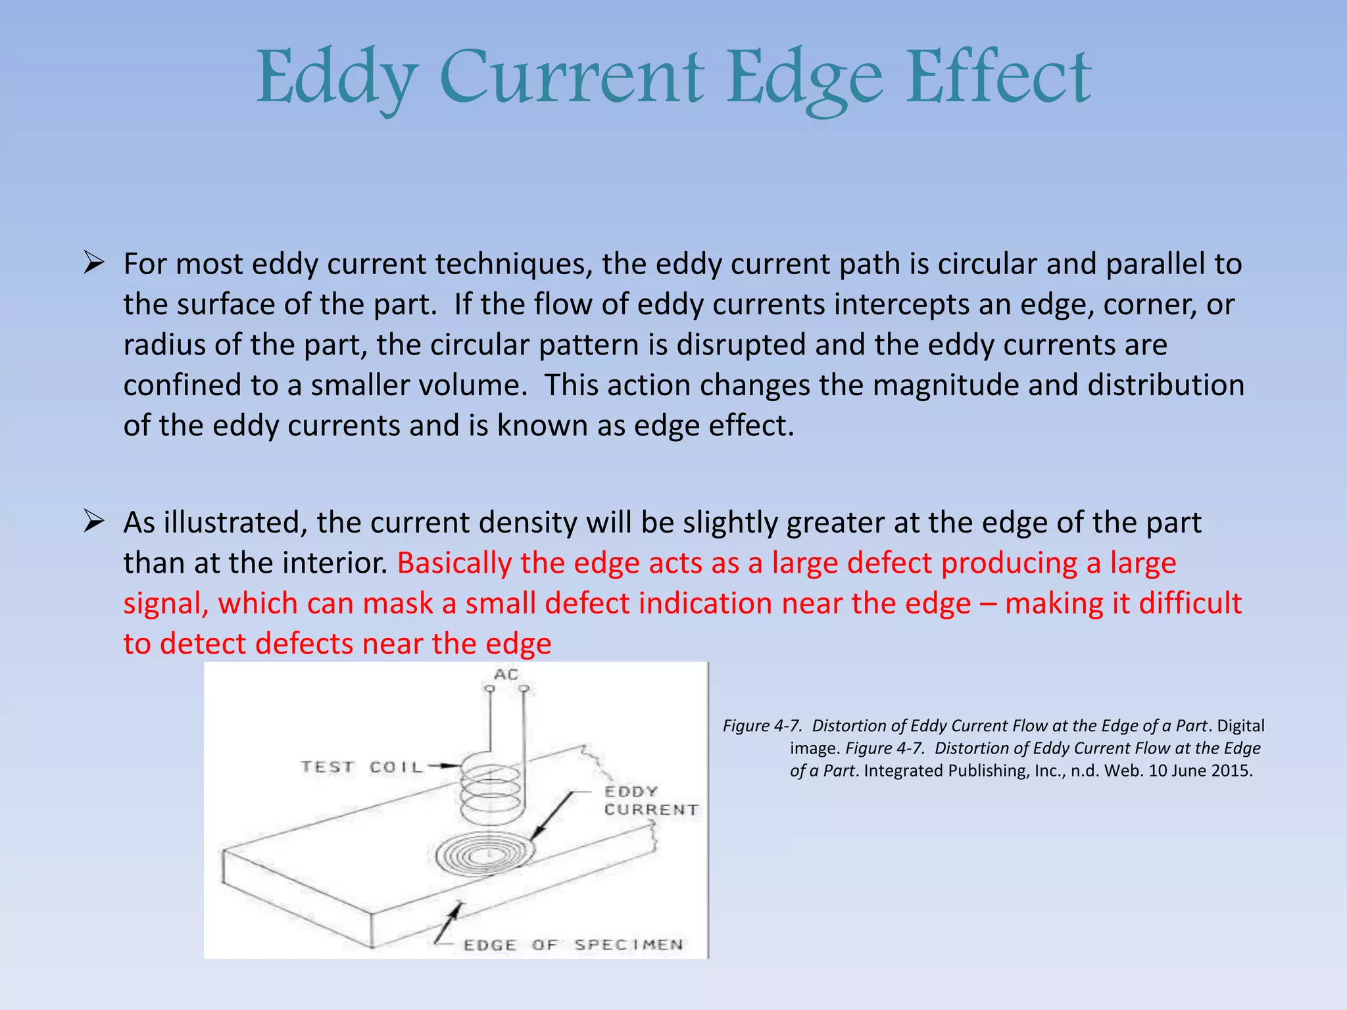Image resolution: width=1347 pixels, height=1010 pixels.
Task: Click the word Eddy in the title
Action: pyautogui.click(x=336, y=79)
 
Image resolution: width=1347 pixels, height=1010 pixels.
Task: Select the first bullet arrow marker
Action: pyautogui.click(x=94, y=264)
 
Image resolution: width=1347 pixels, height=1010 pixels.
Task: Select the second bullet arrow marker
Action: pyautogui.click(x=94, y=523)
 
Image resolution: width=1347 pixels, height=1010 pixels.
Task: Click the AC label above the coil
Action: pyautogui.click(x=506, y=675)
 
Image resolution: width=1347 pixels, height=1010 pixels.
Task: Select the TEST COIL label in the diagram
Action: pyautogui.click(x=362, y=767)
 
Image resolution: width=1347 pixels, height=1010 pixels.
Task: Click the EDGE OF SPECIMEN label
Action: pyautogui.click(x=573, y=945)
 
